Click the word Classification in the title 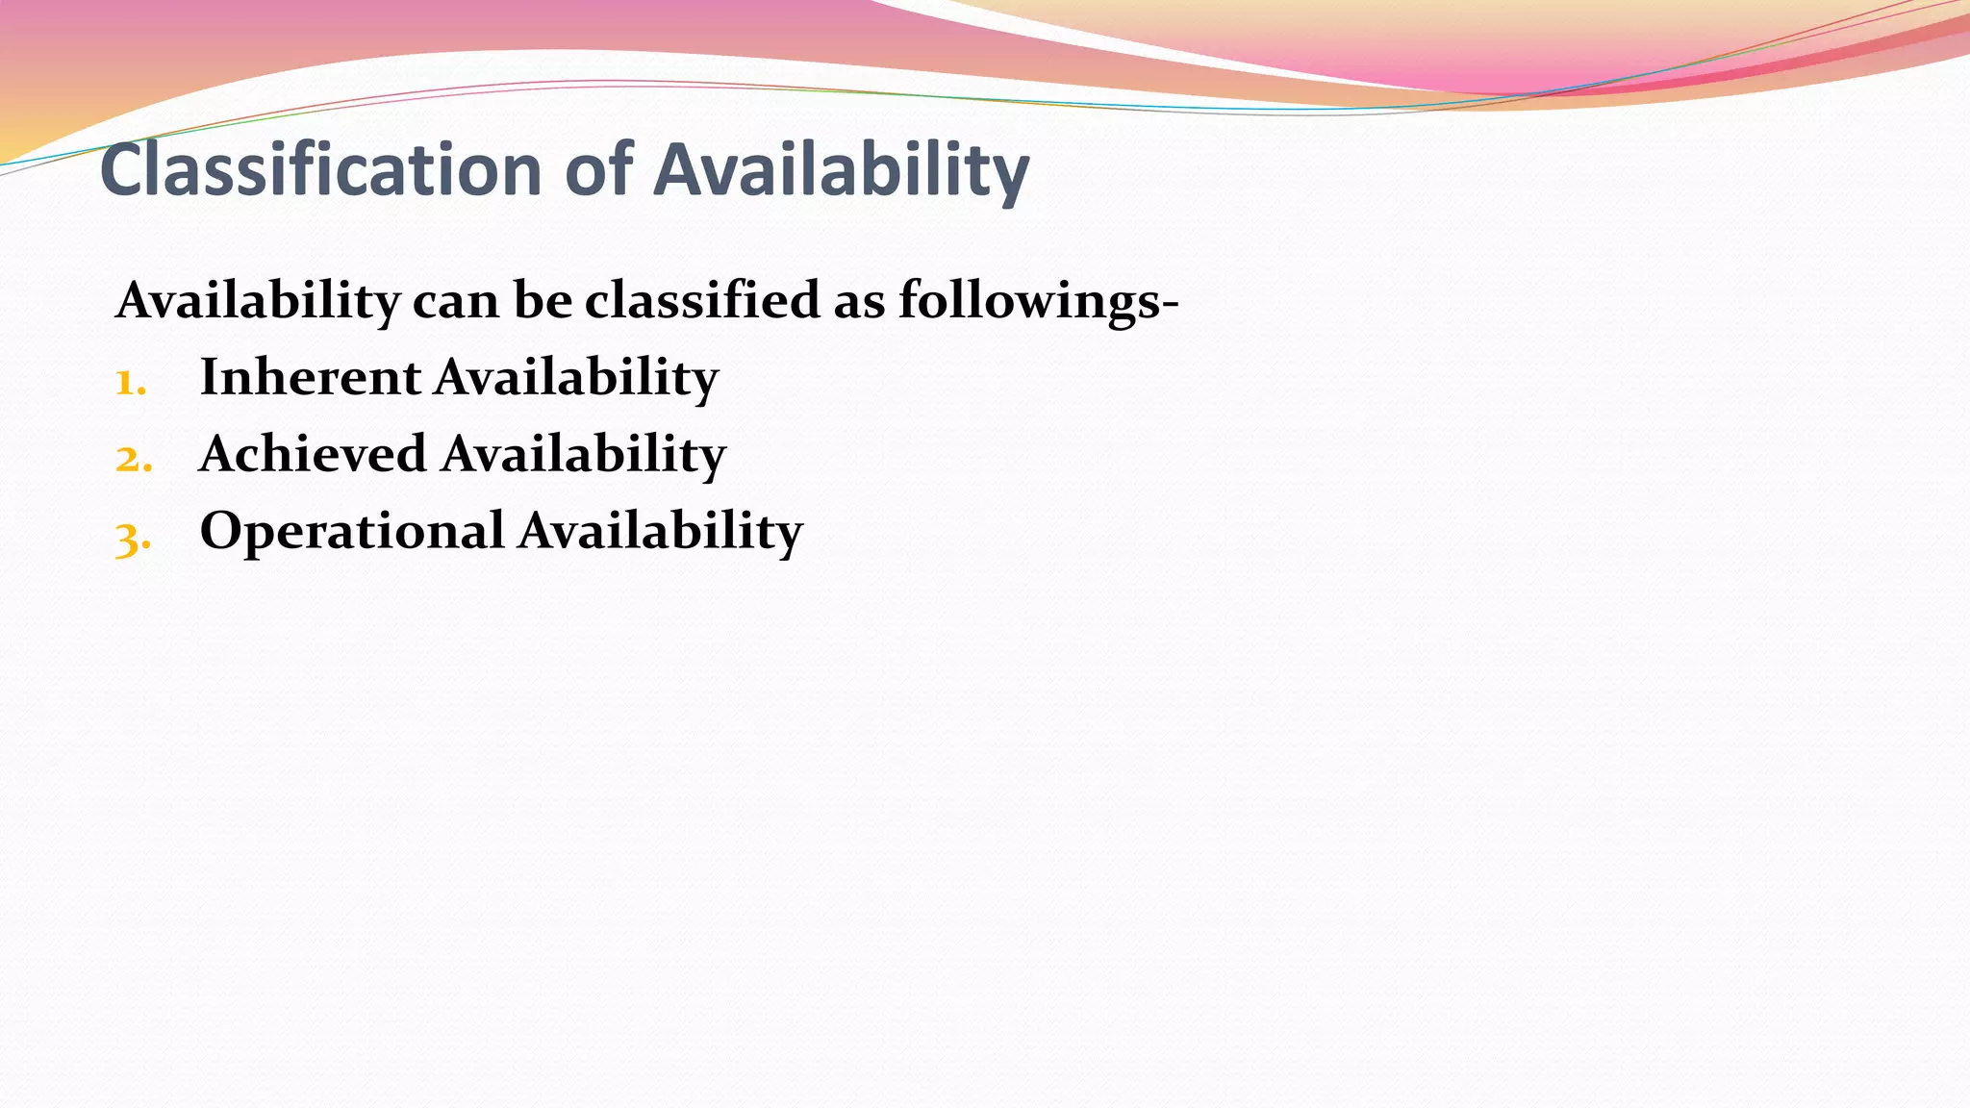coord(321,170)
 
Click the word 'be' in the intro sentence coord(542,301)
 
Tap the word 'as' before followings coord(859,301)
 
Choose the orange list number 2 coord(133,459)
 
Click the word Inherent coord(310,377)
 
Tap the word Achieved coord(313,454)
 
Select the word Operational coord(352,531)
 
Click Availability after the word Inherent coord(576,377)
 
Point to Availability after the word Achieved coord(584,454)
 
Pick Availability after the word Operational coord(661,531)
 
